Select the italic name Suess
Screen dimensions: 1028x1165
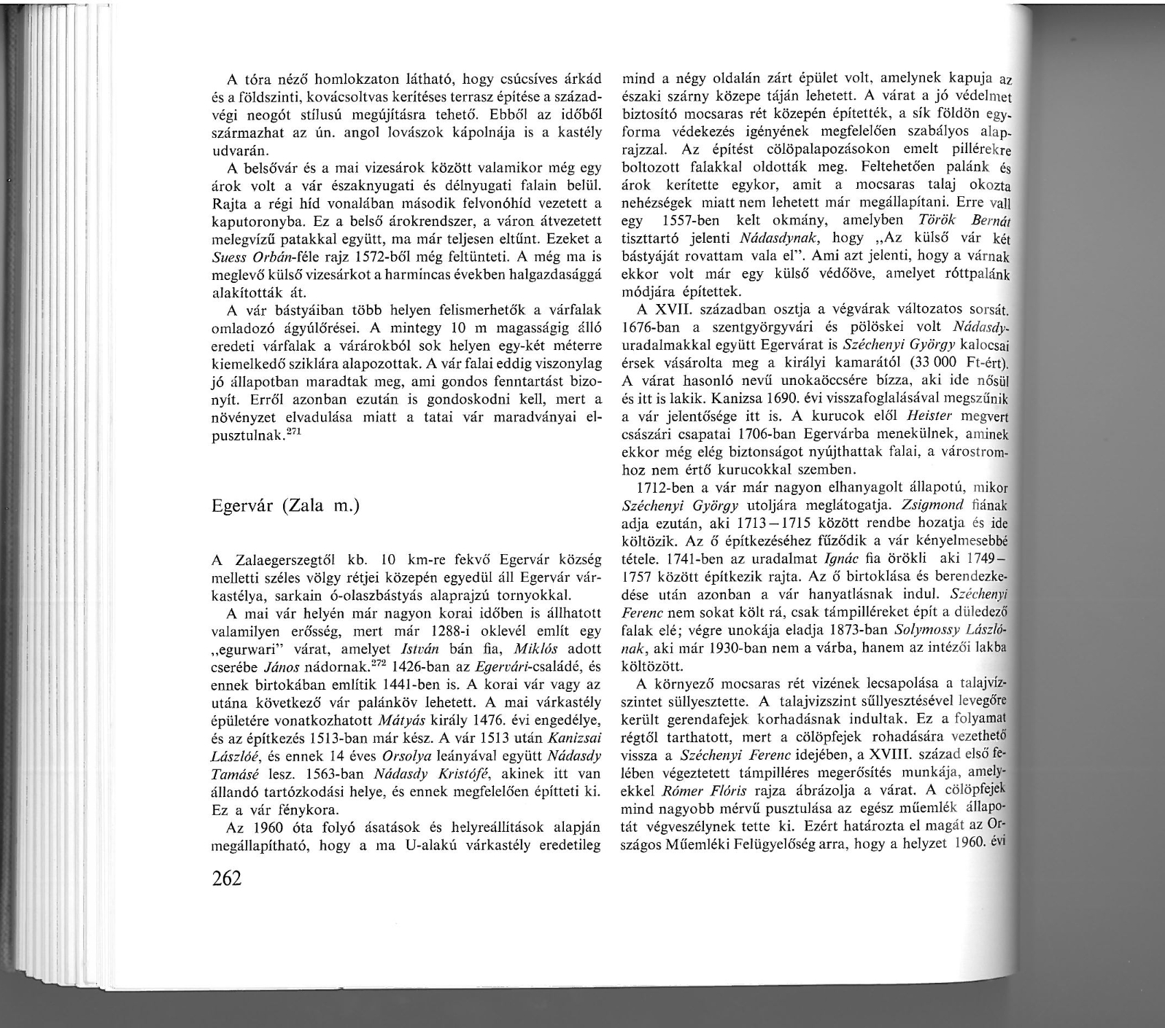click(x=227, y=258)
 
